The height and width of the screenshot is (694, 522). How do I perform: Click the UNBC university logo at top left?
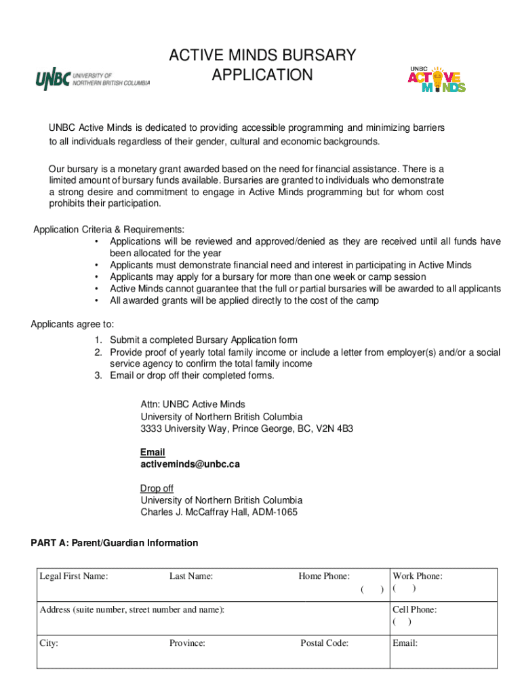(x=92, y=79)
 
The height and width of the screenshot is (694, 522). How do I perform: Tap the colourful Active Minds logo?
(x=436, y=79)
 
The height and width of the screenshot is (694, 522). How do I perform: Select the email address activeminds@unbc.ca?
(x=190, y=465)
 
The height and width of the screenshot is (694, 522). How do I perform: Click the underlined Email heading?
(x=153, y=452)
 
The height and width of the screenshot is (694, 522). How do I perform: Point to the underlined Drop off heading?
(x=157, y=488)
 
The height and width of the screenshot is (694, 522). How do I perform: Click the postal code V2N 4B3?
(x=334, y=429)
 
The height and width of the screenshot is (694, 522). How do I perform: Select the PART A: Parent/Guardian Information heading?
(x=115, y=543)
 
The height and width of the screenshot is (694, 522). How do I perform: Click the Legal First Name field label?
(x=74, y=576)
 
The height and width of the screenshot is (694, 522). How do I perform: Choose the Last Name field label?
(x=191, y=576)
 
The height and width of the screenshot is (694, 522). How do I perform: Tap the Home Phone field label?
(x=324, y=576)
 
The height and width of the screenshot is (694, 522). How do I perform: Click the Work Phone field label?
(x=418, y=576)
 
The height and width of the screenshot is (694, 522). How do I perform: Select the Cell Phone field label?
(x=414, y=609)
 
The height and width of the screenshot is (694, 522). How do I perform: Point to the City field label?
(x=49, y=643)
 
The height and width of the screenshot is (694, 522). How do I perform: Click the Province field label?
(x=187, y=643)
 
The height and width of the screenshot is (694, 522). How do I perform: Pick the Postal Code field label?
(x=324, y=643)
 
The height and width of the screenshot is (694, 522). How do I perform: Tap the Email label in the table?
(x=405, y=643)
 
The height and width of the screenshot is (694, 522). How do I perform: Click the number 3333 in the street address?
(x=152, y=429)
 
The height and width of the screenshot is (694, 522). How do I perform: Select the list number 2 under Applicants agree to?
(x=98, y=352)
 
